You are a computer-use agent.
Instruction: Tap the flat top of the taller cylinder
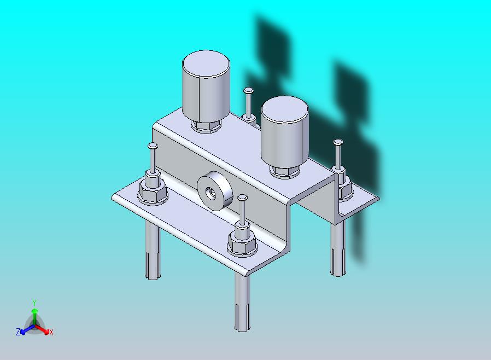point(206,63)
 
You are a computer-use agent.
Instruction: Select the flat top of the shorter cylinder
point(285,109)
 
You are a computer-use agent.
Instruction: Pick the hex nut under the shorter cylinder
point(285,172)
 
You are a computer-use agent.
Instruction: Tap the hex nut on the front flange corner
point(243,244)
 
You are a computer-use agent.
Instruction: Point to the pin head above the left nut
point(153,146)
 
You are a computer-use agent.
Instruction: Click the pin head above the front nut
point(242,198)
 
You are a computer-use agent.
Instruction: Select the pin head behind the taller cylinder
point(248,91)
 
